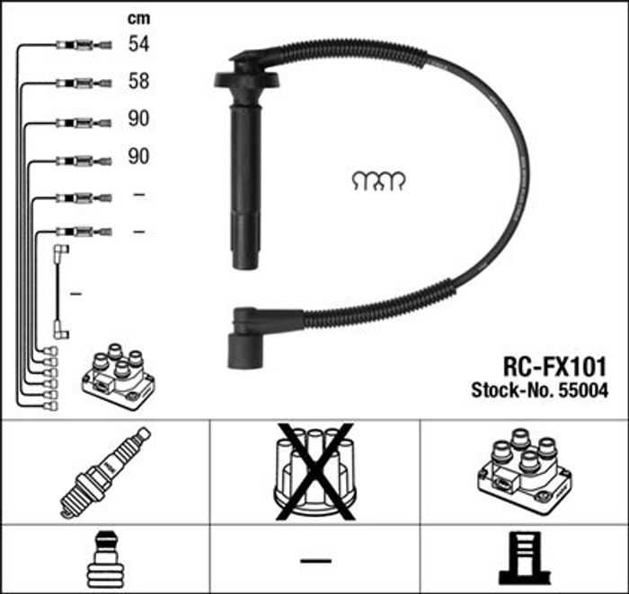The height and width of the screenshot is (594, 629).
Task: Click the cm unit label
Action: tap(138, 19)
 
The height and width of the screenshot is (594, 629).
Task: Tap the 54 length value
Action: tap(138, 43)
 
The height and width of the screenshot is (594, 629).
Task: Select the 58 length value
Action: tap(138, 81)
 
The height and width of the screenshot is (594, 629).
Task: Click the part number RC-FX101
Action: tap(554, 367)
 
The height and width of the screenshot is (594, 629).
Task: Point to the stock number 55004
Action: tap(583, 390)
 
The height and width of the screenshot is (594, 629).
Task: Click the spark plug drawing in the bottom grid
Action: tap(105, 473)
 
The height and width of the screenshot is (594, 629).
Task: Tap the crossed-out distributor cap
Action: tap(314, 472)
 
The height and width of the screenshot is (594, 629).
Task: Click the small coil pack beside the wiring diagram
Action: tap(119, 377)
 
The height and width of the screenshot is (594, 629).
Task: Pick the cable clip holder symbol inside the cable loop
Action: tap(378, 181)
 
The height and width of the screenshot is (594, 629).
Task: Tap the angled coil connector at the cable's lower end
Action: tap(257, 336)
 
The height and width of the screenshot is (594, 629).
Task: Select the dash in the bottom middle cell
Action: tap(315, 561)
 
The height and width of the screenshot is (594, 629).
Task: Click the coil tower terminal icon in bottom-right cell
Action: tap(525, 558)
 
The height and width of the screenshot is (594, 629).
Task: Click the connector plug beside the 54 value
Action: tap(84, 45)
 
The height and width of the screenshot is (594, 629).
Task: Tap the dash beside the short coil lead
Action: tap(75, 294)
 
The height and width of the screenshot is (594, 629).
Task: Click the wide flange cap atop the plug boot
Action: tap(246, 79)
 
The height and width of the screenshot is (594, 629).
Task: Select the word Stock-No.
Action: tap(513, 390)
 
